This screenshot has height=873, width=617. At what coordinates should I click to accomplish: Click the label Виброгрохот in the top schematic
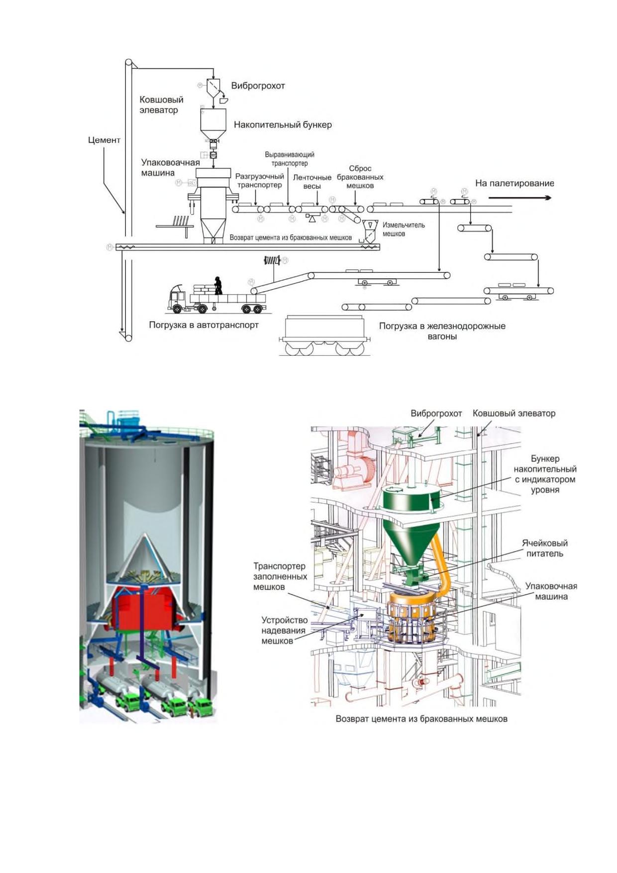pyautogui.click(x=258, y=86)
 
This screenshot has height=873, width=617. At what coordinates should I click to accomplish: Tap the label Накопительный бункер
pyautogui.click(x=283, y=125)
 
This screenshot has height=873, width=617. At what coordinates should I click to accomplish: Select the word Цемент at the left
pyautogui.click(x=104, y=140)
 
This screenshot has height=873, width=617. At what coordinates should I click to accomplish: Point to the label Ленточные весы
pyautogui.click(x=312, y=182)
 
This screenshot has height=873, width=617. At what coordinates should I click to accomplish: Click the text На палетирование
pyautogui.click(x=514, y=183)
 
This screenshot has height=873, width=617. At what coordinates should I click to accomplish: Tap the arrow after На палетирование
pyautogui.click(x=520, y=198)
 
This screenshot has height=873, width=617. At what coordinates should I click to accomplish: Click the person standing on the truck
pyautogui.click(x=217, y=286)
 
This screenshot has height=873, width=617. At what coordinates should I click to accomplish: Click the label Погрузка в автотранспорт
pyautogui.click(x=204, y=326)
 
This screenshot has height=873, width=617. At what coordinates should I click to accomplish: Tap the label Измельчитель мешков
pyautogui.click(x=404, y=229)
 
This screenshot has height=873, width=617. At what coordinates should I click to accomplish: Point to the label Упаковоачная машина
pyautogui.click(x=170, y=168)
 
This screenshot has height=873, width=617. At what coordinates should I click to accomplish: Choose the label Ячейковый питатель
pyautogui.click(x=545, y=548)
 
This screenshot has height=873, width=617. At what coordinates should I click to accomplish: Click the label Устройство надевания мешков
pyautogui.click(x=284, y=631)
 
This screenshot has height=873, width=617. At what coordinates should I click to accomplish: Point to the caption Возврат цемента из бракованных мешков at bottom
pyautogui.click(x=421, y=719)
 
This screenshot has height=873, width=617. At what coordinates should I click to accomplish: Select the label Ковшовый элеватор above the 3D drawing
pyautogui.click(x=514, y=413)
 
